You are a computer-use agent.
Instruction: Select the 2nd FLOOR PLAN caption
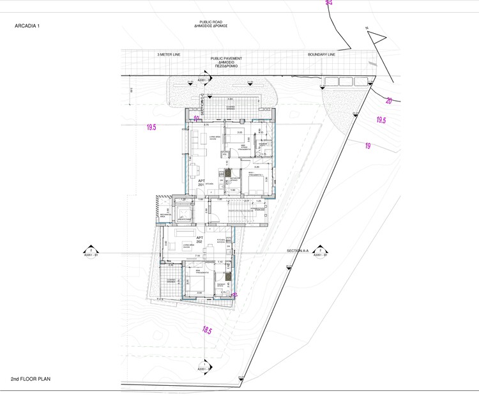pos(30,379)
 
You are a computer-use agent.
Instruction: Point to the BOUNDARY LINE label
pos(321,54)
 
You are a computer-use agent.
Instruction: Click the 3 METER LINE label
pos(169,54)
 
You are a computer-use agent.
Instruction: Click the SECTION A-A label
pos(298,251)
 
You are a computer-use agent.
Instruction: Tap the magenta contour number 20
pos(389,100)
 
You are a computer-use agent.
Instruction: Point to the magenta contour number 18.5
pos(207,330)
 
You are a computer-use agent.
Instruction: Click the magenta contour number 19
pos(368,146)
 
